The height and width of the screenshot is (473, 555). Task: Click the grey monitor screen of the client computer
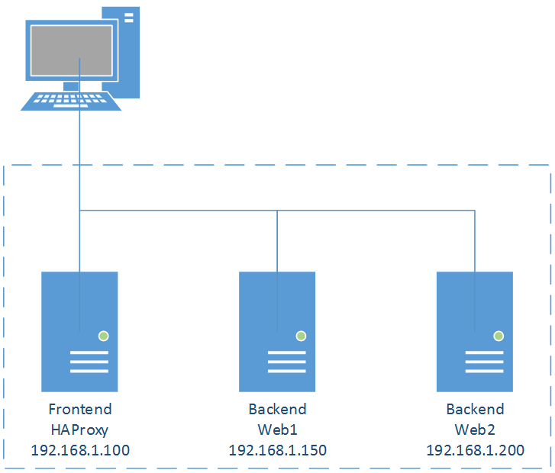(x=72, y=50)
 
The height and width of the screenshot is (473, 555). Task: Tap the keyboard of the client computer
(x=71, y=101)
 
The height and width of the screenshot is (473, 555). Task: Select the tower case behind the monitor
(x=121, y=53)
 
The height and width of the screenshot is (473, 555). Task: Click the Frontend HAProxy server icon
(x=79, y=332)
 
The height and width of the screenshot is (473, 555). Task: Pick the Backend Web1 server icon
(x=277, y=332)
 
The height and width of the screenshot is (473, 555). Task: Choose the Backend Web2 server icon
(x=475, y=332)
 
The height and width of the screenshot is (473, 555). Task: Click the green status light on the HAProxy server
(x=104, y=336)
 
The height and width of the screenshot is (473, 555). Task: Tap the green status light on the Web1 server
(x=302, y=336)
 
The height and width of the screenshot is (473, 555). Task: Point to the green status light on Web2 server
(x=499, y=336)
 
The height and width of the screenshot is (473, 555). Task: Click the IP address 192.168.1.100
(x=80, y=450)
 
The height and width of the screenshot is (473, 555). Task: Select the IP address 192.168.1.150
(x=278, y=450)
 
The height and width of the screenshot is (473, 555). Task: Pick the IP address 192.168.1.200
(x=475, y=450)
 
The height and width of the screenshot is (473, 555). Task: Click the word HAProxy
(x=79, y=430)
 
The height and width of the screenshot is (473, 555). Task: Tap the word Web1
(x=278, y=430)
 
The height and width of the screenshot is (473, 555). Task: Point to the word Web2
(x=475, y=430)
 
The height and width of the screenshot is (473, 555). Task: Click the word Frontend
(x=80, y=410)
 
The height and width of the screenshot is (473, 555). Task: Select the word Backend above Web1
(x=278, y=410)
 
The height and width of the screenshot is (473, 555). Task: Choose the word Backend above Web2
(x=475, y=410)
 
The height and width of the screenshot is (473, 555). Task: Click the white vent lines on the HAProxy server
(x=89, y=362)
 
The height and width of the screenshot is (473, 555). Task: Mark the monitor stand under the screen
(x=71, y=86)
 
